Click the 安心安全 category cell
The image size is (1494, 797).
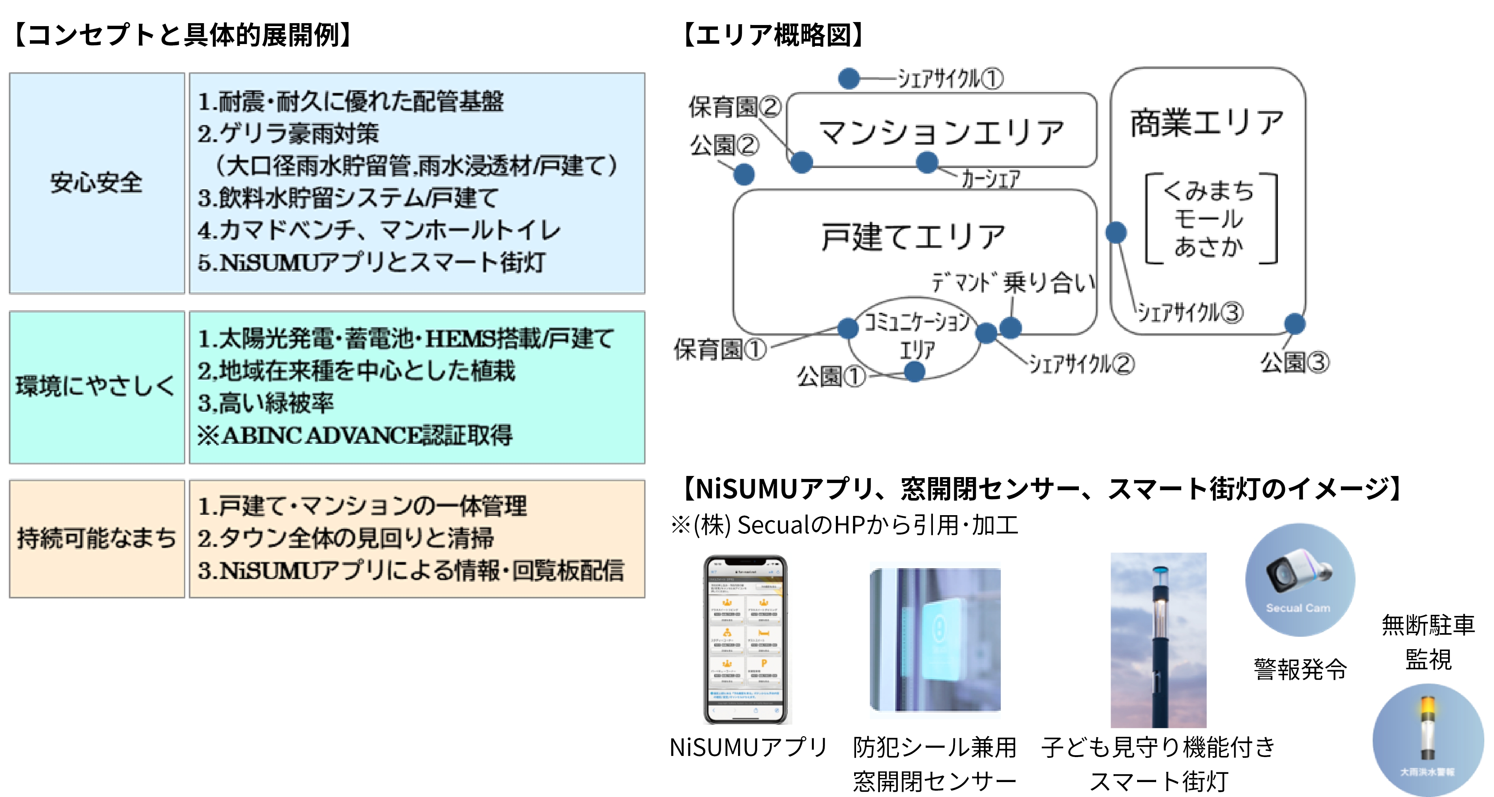[x=96, y=183]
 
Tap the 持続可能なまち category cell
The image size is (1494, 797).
[x=96, y=538]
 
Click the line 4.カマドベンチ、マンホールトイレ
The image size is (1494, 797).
[x=379, y=230]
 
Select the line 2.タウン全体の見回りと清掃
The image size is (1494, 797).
[x=346, y=538]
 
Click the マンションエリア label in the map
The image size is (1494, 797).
[x=941, y=132]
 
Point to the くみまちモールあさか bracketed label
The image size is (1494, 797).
[x=1210, y=219]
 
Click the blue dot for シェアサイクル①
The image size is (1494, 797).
[x=849, y=78]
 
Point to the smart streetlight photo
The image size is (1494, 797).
[x=1158, y=640]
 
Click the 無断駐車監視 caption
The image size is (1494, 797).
[x=1428, y=642]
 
